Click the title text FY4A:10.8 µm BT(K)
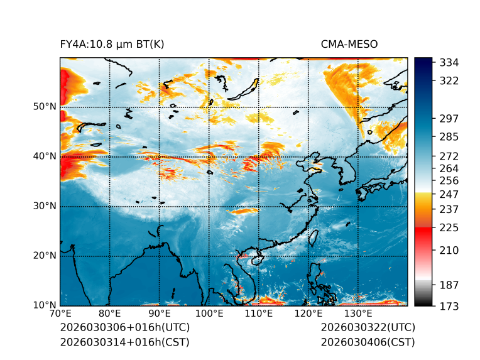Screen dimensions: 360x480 coord(112,44)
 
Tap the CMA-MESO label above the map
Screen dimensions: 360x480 coord(349,44)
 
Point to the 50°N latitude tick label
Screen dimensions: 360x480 coord(45,107)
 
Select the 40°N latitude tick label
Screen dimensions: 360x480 coord(45,156)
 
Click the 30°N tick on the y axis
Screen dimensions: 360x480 coord(45,206)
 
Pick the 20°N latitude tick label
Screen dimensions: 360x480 coord(45,256)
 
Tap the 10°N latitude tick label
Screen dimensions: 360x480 coord(45,305)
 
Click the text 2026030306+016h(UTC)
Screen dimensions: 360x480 coord(124,328)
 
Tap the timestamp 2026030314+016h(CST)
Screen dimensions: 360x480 coord(124,342)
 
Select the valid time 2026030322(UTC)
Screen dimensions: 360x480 coord(368,328)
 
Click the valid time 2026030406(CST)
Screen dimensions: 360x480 coord(368,342)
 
